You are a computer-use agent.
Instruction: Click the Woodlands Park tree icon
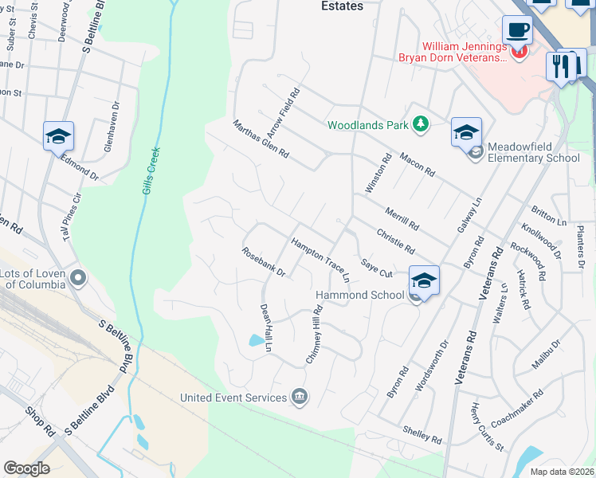[420, 124]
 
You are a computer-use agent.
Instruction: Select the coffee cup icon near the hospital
[517, 30]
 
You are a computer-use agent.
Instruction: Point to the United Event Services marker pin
[299, 397]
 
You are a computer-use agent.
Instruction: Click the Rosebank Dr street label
[264, 261]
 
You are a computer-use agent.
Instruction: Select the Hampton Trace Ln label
[320, 259]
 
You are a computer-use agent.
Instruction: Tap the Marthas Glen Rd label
[260, 139]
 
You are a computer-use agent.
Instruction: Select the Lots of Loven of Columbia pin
[78, 278]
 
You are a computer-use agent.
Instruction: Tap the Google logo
[26, 468]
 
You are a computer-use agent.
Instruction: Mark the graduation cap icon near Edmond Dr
[59, 137]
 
